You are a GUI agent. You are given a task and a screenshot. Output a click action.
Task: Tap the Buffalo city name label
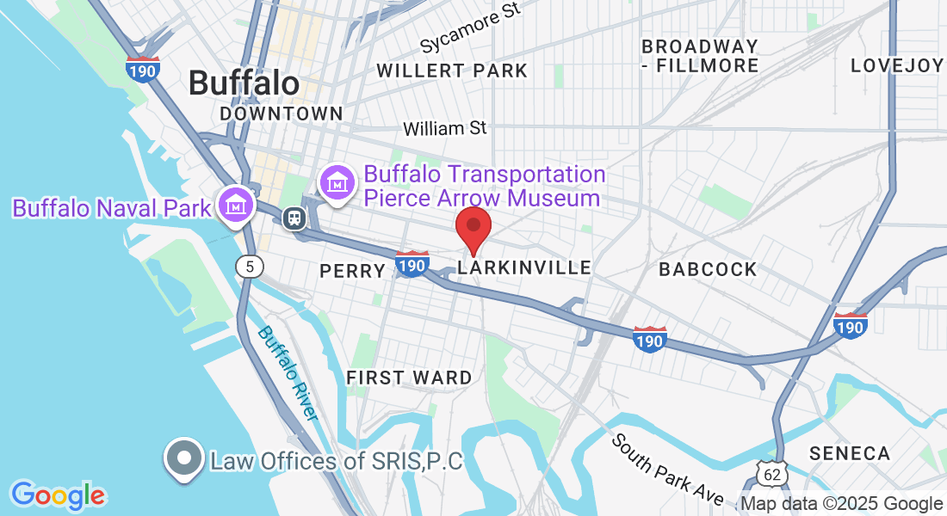(x=244, y=83)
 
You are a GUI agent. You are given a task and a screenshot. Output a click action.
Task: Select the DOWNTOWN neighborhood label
(x=281, y=114)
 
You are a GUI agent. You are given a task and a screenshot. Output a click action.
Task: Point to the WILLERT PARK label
(x=452, y=71)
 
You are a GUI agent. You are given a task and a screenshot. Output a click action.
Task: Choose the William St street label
(x=444, y=128)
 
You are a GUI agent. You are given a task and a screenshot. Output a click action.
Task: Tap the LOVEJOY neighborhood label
(x=897, y=65)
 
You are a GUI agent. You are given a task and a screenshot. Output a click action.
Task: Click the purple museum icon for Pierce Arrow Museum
(x=336, y=183)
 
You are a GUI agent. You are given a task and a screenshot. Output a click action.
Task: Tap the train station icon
(x=294, y=218)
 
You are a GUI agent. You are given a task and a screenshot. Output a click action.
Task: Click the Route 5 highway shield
(x=249, y=267)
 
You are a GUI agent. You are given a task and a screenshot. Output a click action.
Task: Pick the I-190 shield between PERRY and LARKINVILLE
(x=413, y=264)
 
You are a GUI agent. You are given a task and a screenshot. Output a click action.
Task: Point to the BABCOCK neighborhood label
(x=708, y=269)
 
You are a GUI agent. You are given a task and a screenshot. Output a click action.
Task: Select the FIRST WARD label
(x=409, y=378)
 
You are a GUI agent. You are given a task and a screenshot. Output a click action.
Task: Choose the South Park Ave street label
(x=668, y=469)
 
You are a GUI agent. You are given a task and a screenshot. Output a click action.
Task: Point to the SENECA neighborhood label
(x=849, y=453)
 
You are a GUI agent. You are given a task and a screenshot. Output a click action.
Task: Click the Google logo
(x=58, y=495)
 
